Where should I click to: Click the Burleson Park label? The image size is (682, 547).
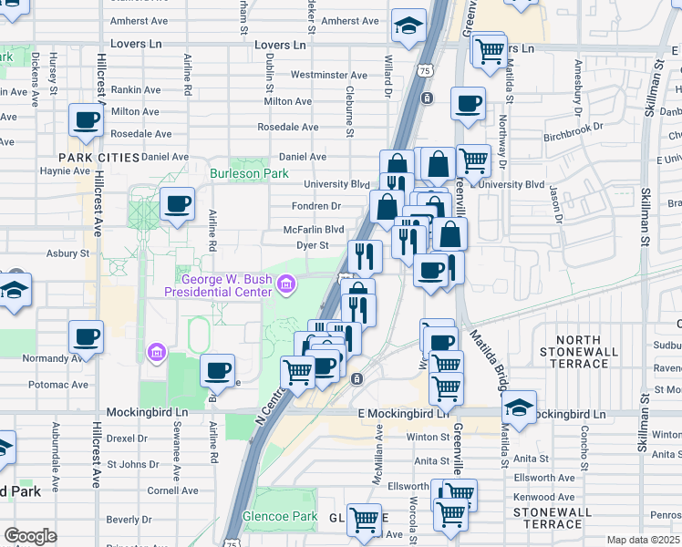pos(249,173)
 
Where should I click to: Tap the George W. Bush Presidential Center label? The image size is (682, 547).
pos(218,285)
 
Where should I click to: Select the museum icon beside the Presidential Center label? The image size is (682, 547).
pos(286,286)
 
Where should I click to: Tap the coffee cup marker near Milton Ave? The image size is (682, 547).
pos(87,119)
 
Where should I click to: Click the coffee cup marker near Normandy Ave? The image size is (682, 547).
pos(87,337)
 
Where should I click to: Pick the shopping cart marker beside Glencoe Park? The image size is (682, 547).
pos(365,520)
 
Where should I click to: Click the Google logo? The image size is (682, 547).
pos(30,536)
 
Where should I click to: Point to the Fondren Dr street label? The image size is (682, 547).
pos(315,206)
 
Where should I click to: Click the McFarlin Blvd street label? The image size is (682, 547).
pos(313,230)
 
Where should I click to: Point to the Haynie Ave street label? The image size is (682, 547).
pos(65,170)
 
